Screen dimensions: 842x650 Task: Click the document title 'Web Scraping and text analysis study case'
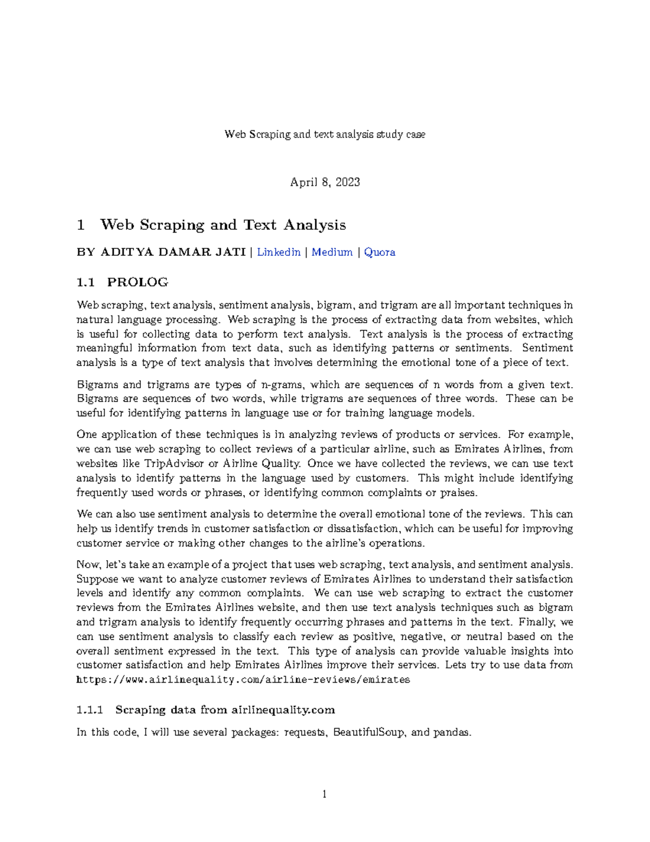[324, 134]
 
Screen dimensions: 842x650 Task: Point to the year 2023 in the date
[347, 182]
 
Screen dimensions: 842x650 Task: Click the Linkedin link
[278, 252]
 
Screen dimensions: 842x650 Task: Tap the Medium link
[331, 252]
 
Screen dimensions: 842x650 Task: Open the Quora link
[379, 252]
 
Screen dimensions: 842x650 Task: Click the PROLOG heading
[138, 282]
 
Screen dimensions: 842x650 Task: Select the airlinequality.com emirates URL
[243, 680]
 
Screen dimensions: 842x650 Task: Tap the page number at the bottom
[324, 795]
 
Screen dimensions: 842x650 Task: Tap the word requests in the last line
[306, 732]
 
